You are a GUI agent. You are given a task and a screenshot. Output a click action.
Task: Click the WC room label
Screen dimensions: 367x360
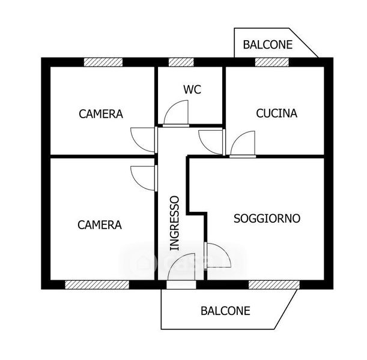(192, 89)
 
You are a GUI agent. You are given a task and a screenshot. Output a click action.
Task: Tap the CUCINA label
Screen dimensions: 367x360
(277, 113)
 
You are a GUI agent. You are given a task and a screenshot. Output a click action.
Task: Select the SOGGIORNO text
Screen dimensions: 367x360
(267, 218)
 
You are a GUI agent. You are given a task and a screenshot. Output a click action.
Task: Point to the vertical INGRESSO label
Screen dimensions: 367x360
(174, 223)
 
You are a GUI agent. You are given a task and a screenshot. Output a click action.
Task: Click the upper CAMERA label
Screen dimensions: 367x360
(101, 114)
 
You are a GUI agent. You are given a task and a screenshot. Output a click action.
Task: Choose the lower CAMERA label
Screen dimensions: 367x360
(100, 225)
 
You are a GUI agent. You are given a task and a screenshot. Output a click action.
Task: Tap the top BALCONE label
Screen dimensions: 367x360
(268, 44)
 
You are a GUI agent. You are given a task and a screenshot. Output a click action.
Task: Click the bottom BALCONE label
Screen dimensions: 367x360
(225, 311)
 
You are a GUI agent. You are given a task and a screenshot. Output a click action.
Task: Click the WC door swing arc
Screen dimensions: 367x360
(172, 106)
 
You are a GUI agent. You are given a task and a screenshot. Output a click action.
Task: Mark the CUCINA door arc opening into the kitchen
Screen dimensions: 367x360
(239, 137)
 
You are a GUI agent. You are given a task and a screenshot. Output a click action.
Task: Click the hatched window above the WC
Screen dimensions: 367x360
(181, 62)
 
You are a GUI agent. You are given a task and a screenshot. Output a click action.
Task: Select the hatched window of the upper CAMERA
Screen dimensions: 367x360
(103, 62)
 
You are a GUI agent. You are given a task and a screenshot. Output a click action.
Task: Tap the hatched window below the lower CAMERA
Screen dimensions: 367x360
(97, 285)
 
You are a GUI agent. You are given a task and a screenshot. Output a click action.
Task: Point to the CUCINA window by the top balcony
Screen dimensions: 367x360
(272, 62)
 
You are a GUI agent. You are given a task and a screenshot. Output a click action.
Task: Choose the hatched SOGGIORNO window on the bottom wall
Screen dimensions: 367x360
(274, 285)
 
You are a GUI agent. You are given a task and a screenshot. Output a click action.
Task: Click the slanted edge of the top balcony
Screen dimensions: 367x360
(303, 43)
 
